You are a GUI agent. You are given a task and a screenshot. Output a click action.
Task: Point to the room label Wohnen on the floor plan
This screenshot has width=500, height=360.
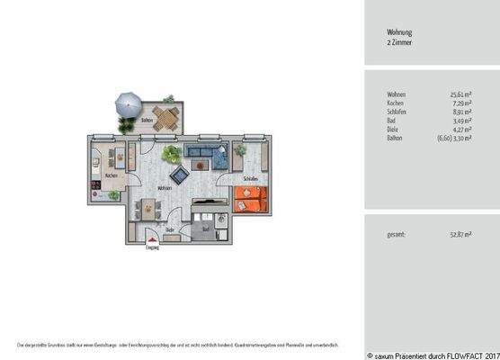(165, 188)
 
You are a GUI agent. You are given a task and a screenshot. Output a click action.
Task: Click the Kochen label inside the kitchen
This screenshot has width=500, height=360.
(111, 175)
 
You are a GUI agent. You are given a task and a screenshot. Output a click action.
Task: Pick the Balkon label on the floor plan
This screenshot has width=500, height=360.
(147, 120)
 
